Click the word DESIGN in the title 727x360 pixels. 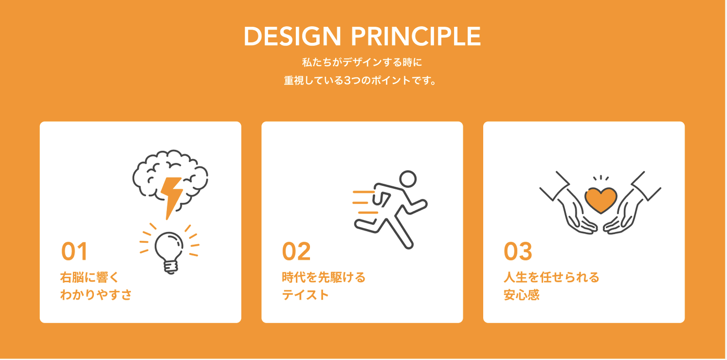click(x=292, y=36)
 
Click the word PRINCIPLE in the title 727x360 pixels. click(x=416, y=36)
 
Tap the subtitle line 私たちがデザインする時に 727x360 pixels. click(x=362, y=62)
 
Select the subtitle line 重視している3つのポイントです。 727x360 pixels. click(x=360, y=80)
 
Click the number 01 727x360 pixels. click(x=74, y=251)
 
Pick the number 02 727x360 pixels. click(x=296, y=251)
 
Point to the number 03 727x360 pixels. click(x=517, y=251)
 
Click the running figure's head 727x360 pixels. click(x=407, y=179)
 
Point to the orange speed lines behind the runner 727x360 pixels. click(x=365, y=202)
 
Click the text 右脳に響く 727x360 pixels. click(x=89, y=277)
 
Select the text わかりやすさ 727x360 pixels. click(x=96, y=294)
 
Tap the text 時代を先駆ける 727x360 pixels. click(x=324, y=277)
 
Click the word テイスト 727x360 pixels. click(x=305, y=294)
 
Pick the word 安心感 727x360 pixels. click(x=521, y=294)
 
